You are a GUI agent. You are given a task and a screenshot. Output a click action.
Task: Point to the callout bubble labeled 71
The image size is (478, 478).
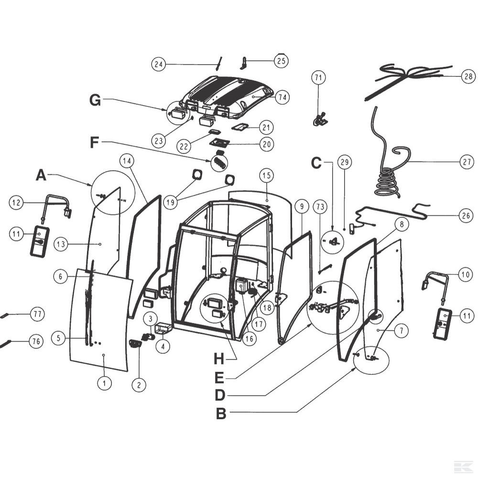318,77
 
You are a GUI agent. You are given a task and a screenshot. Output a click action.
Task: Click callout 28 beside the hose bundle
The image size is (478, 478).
467,76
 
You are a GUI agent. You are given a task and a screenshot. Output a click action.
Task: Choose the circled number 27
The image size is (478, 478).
467,162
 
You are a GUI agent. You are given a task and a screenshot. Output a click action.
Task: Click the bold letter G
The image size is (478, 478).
95,100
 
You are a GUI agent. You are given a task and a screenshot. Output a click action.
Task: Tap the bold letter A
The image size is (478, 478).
42,175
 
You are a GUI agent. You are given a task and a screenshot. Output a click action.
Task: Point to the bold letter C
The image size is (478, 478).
316,163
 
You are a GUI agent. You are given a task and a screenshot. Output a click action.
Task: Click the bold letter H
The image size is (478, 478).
218,358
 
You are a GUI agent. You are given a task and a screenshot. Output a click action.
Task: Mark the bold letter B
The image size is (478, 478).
221,413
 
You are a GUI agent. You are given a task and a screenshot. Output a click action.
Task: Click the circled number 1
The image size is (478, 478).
104,382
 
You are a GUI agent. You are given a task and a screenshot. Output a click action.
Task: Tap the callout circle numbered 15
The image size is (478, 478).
267,176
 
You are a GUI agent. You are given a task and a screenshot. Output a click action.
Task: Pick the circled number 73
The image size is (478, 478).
321,207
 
